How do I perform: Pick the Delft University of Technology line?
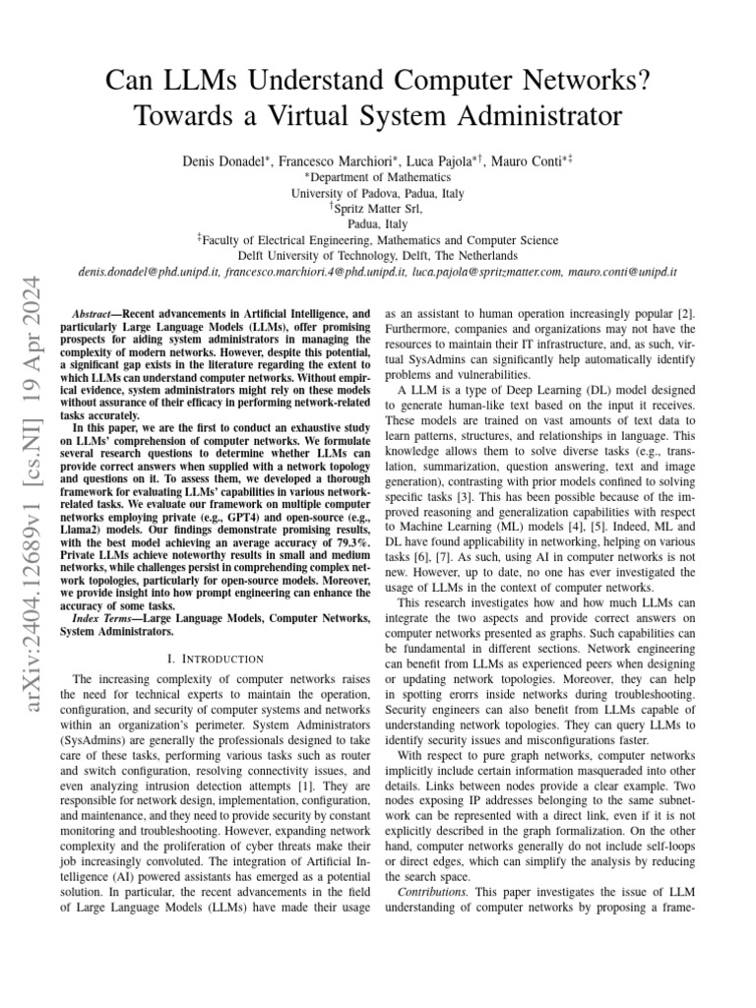[x=378, y=255]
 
